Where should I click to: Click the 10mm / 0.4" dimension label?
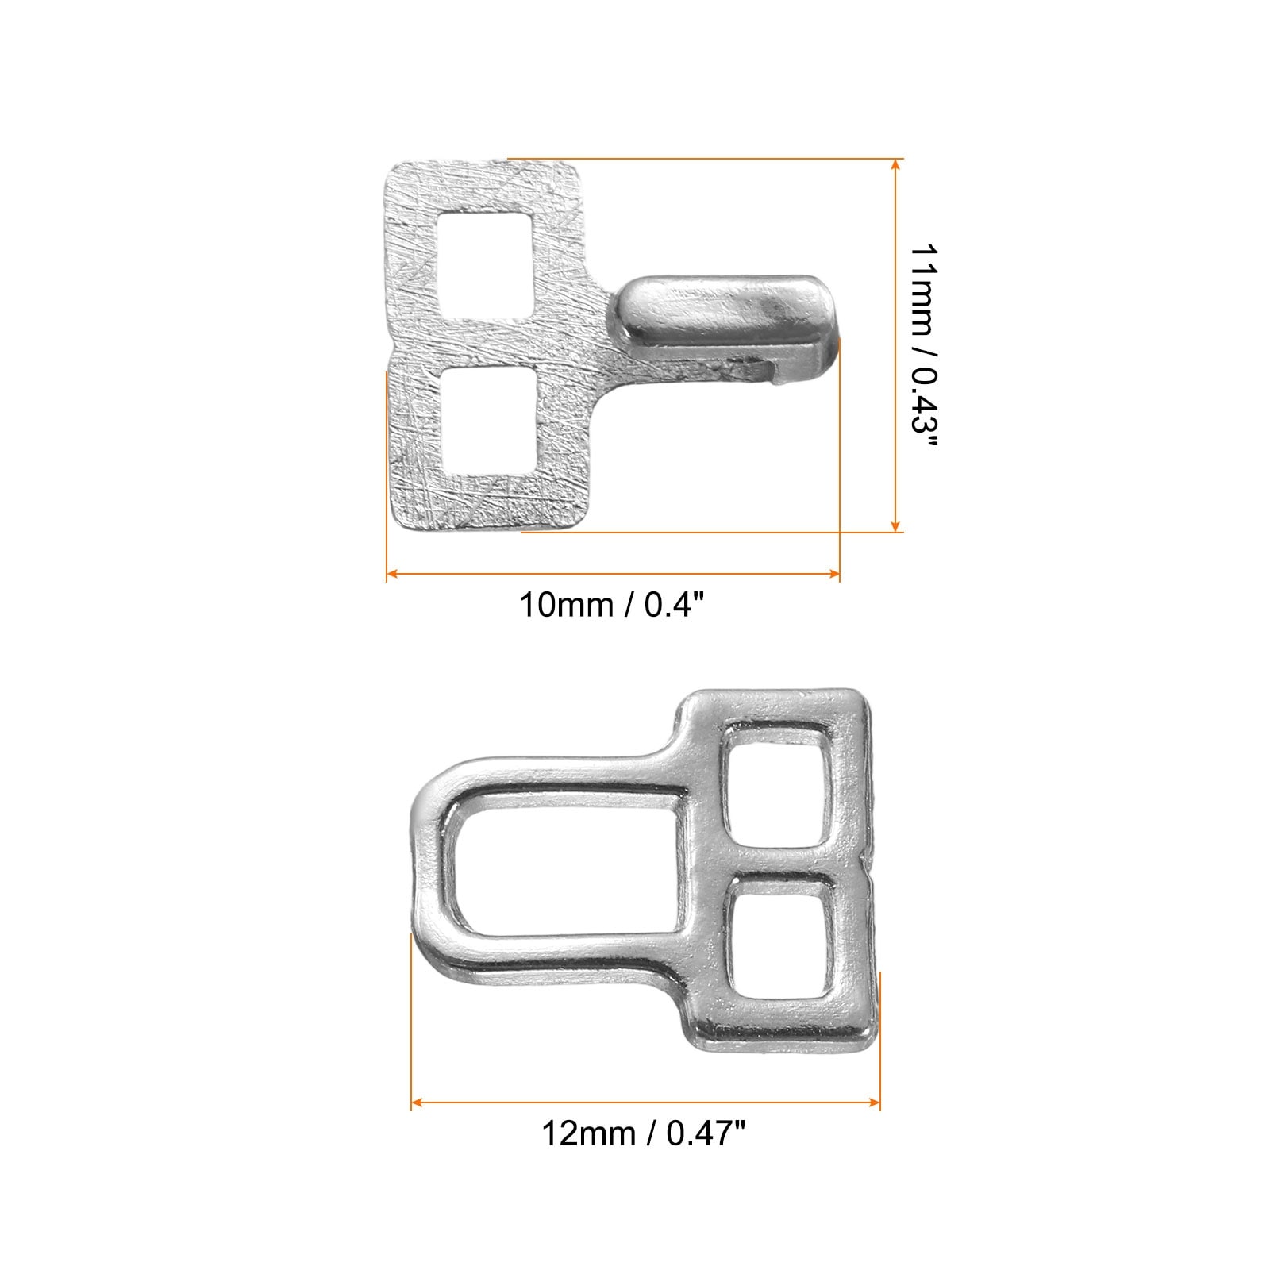[612, 606]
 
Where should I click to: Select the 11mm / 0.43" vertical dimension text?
[922, 346]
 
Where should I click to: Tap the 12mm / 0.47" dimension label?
[645, 1133]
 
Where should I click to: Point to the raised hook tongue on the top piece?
[724, 314]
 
